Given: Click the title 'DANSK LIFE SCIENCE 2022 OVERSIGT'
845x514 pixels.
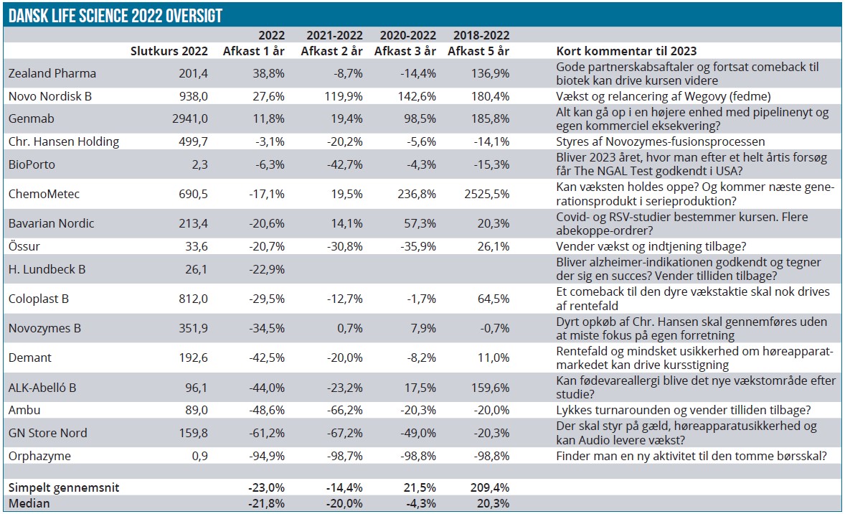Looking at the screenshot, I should pyautogui.click(x=114, y=15).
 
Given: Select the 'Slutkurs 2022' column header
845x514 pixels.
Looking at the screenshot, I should pyautogui.click(x=169, y=51).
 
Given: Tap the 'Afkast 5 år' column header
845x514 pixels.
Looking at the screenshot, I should pyautogui.click(x=478, y=51).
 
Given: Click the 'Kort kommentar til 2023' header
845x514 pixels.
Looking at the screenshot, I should pyautogui.click(x=626, y=51).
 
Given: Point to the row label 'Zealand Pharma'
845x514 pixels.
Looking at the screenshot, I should pyautogui.click(x=52, y=73).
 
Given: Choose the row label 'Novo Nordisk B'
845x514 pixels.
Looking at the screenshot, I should pyautogui.click(x=49, y=95).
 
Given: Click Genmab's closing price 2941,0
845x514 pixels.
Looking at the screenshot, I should pyautogui.click(x=191, y=118).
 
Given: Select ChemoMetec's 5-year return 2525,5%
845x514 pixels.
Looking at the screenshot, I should pyautogui.click(x=485, y=193).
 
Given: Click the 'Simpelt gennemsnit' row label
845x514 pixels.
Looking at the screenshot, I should pyautogui.click(x=64, y=487).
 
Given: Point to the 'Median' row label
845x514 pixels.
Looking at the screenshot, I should pyautogui.click(x=29, y=503).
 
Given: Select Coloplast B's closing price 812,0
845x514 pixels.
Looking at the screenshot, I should pyautogui.click(x=193, y=299).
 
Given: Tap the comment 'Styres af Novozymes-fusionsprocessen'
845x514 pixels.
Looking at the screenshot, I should pyautogui.click(x=661, y=141).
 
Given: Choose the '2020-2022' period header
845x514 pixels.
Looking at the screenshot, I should pyautogui.click(x=407, y=35).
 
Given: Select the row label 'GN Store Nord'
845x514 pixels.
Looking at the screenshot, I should pyautogui.click(x=47, y=433).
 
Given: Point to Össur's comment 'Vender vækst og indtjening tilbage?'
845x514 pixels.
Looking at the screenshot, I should pyautogui.click(x=651, y=246).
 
